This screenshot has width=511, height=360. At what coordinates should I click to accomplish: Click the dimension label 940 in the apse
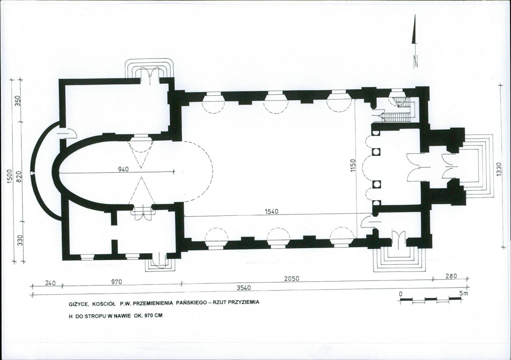(x=123, y=169)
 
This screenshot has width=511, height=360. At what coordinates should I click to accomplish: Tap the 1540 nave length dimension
(x=272, y=211)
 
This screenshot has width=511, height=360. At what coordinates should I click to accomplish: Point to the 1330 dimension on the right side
(x=499, y=169)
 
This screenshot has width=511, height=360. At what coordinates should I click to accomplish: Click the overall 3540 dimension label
(x=244, y=288)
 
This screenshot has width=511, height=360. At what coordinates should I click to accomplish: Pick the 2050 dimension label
(x=292, y=279)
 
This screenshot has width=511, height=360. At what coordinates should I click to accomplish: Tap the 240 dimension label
(x=50, y=283)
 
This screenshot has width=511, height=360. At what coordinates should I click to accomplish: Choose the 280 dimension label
(x=451, y=276)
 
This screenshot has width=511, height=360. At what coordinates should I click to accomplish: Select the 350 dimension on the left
(x=18, y=100)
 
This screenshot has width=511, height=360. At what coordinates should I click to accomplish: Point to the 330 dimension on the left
(x=20, y=240)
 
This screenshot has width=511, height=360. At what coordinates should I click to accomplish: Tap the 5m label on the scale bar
(x=464, y=294)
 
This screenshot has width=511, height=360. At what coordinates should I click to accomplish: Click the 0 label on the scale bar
(x=401, y=294)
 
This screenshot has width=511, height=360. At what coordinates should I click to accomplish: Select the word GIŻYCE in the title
(x=78, y=304)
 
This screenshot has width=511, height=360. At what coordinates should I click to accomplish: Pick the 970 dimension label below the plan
(x=117, y=282)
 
